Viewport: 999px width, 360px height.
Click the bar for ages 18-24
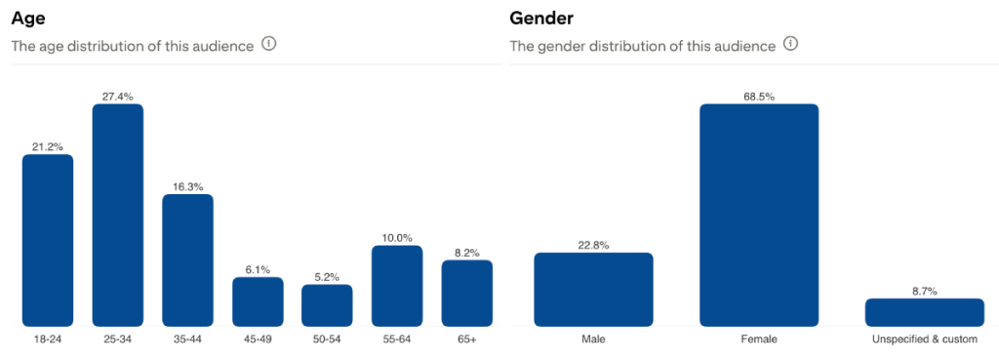click(48, 240)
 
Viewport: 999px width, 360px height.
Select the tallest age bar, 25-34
click(118, 215)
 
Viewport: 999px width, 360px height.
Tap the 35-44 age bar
click(187, 260)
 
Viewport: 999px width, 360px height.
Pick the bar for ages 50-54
click(327, 304)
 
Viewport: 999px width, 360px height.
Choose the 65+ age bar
click(466, 293)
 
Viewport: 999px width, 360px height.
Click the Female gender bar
click(759, 215)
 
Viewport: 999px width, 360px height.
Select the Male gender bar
click(593, 289)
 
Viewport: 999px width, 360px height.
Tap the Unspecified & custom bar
click(924, 311)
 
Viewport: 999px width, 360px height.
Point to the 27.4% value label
click(118, 97)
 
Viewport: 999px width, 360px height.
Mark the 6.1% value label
click(258, 269)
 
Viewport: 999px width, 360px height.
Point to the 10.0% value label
click(397, 237)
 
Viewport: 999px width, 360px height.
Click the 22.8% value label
click(593, 245)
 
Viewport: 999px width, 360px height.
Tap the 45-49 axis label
click(258, 340)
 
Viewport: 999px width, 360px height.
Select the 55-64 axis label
click(397, 340)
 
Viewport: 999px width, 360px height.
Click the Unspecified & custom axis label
click(924, 340)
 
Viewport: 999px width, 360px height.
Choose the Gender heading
click(541, 19)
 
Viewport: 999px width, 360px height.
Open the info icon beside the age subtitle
click(269, 45)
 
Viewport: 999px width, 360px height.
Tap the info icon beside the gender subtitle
click(790, 45)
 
